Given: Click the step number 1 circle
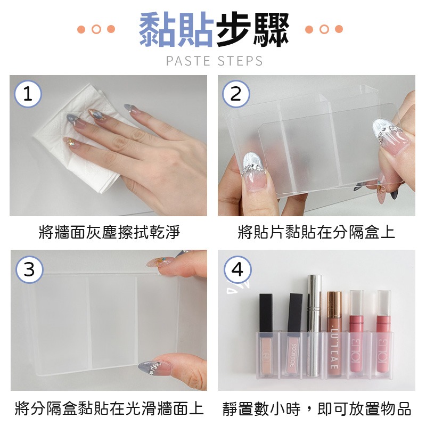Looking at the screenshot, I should coord(28,94).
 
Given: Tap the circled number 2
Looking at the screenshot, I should coord(236,94).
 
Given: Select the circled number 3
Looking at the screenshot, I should coord(28,270).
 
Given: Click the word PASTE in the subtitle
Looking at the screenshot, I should coord(188,61).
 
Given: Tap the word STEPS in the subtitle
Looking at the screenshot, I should coord(240,61).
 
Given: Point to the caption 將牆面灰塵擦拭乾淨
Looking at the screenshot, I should coord(109,232).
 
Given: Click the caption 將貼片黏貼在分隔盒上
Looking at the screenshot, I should coord(316,232).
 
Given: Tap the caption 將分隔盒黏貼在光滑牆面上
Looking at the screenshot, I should coord(109,408).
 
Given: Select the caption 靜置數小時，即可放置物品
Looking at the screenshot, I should coord(316,408).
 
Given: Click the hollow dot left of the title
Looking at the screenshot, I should coord(96,29).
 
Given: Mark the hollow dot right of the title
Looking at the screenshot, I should coord(324,29).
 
